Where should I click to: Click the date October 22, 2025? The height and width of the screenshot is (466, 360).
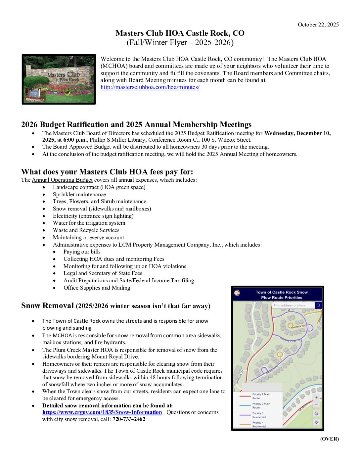pos(318,24)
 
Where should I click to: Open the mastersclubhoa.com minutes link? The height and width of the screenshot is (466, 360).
pos(150,87)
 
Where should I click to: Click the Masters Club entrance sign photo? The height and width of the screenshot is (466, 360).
pos(59,79)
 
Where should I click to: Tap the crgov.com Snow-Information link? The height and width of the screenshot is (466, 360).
pos(102,412)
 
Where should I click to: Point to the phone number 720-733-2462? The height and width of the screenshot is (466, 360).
pos(129,419)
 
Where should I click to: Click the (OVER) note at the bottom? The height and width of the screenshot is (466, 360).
pos(329,439)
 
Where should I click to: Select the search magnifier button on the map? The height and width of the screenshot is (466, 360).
pos(318,305)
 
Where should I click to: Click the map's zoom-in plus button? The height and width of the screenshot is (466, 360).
pos(316,397)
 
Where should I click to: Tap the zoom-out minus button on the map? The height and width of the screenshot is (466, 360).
pos(316,404)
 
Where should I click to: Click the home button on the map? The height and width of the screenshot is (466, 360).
pos(316,413)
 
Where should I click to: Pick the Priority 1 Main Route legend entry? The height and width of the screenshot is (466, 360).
pos(261,396)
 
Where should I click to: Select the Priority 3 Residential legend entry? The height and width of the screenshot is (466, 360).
pos(259,415)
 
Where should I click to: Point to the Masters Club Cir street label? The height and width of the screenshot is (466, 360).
pos(290,340)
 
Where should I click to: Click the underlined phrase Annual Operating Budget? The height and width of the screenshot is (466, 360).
pos(62,180)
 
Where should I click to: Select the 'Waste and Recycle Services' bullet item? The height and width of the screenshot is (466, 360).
pos(86,230)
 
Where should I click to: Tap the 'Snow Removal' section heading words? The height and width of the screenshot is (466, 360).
pos(47,305)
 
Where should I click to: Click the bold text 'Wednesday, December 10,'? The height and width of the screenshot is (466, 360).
pos(297,133)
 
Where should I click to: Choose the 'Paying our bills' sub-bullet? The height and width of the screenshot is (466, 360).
pos(82,252)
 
